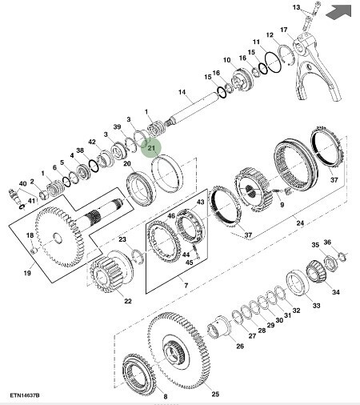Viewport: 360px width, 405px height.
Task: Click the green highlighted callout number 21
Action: click(151, 148)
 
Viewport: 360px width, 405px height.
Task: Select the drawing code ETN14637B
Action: click(25, 395)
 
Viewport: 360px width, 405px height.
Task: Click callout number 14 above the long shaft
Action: click(182, 92)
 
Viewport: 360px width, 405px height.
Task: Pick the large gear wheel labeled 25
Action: click(178, 350)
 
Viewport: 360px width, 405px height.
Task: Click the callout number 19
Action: click(27, 273)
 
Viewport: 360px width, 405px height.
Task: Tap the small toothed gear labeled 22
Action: click(110, 271)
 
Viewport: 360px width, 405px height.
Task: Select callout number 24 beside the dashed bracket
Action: click(300, 223)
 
